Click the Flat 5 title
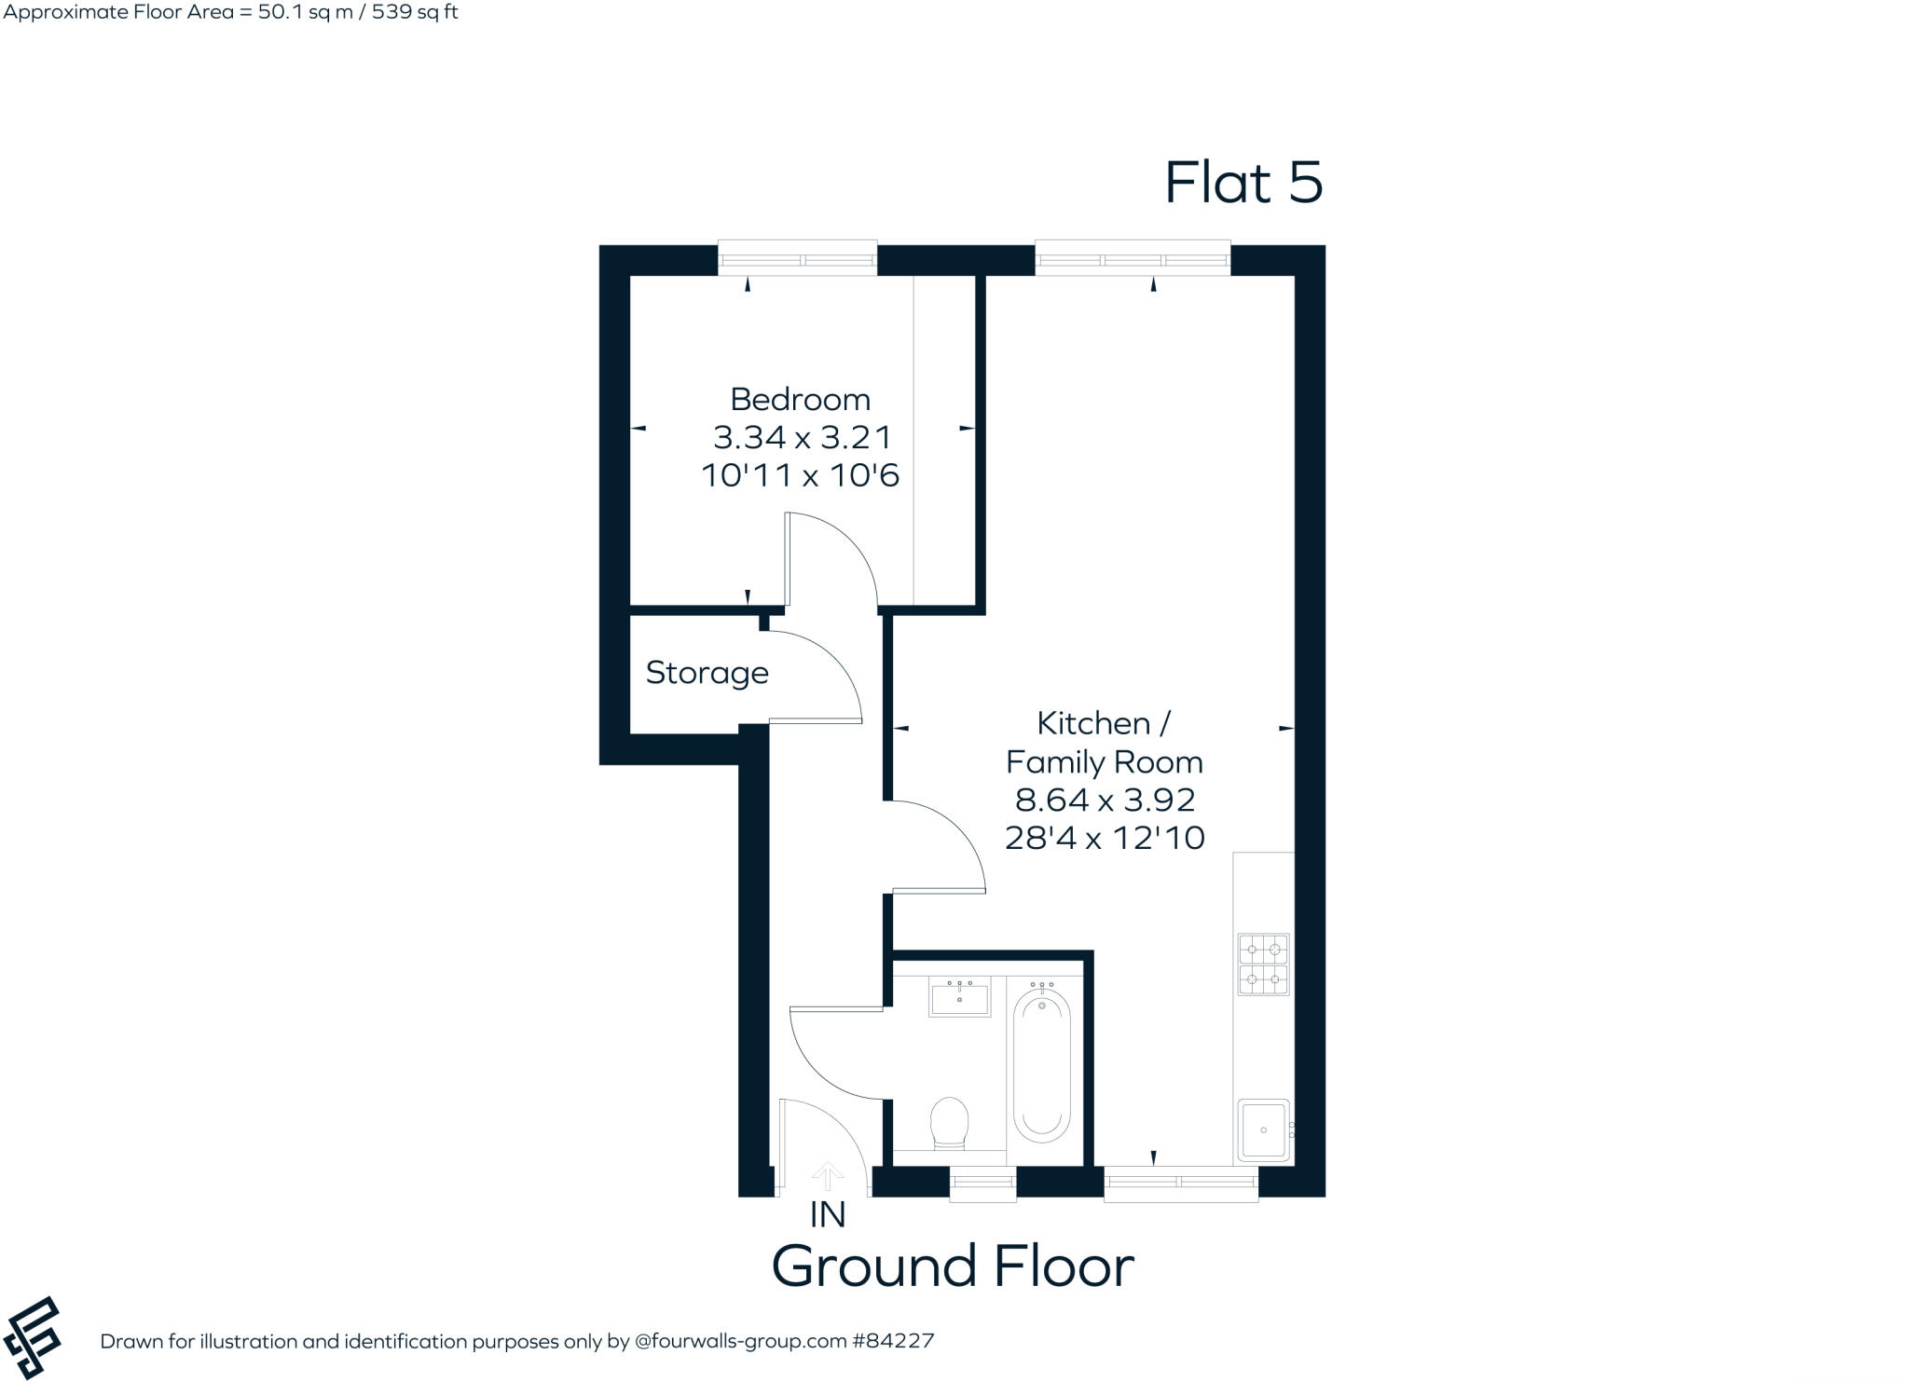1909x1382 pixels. click(x=1243, y=183)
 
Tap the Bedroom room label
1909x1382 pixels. click(x=800, y=399)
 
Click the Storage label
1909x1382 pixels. click(x=707, y=673)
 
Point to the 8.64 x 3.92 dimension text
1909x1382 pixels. click(x=1105, y=800)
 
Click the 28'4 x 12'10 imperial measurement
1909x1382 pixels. click(x=1105, y=838)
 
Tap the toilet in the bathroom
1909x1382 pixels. click(x=950, y=1122)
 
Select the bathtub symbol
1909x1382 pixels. click(x=1041, y=1066)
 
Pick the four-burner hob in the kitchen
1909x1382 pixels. click(x=1263, y=965)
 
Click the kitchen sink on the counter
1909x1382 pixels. click(x=1263, y=1129)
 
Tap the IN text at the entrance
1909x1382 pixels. click(x=827, y=1215)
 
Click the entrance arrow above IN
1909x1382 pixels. click(x=827, y=1176)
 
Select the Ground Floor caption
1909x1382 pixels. click(x=953, y=1266)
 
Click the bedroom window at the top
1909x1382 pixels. click(x=797, y=259)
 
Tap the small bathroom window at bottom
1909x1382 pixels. click(x=982, y=1184)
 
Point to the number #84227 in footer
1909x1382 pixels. click(x=892, y=1342)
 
